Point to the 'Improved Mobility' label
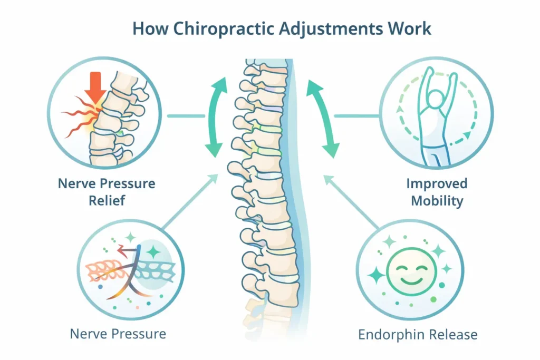(x=436, y=192)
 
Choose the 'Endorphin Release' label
(x=418, y=334)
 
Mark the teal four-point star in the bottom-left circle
(x=154, y=251)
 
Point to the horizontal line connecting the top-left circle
(x=186, y=116)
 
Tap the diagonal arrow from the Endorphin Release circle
(x=351, y=202)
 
